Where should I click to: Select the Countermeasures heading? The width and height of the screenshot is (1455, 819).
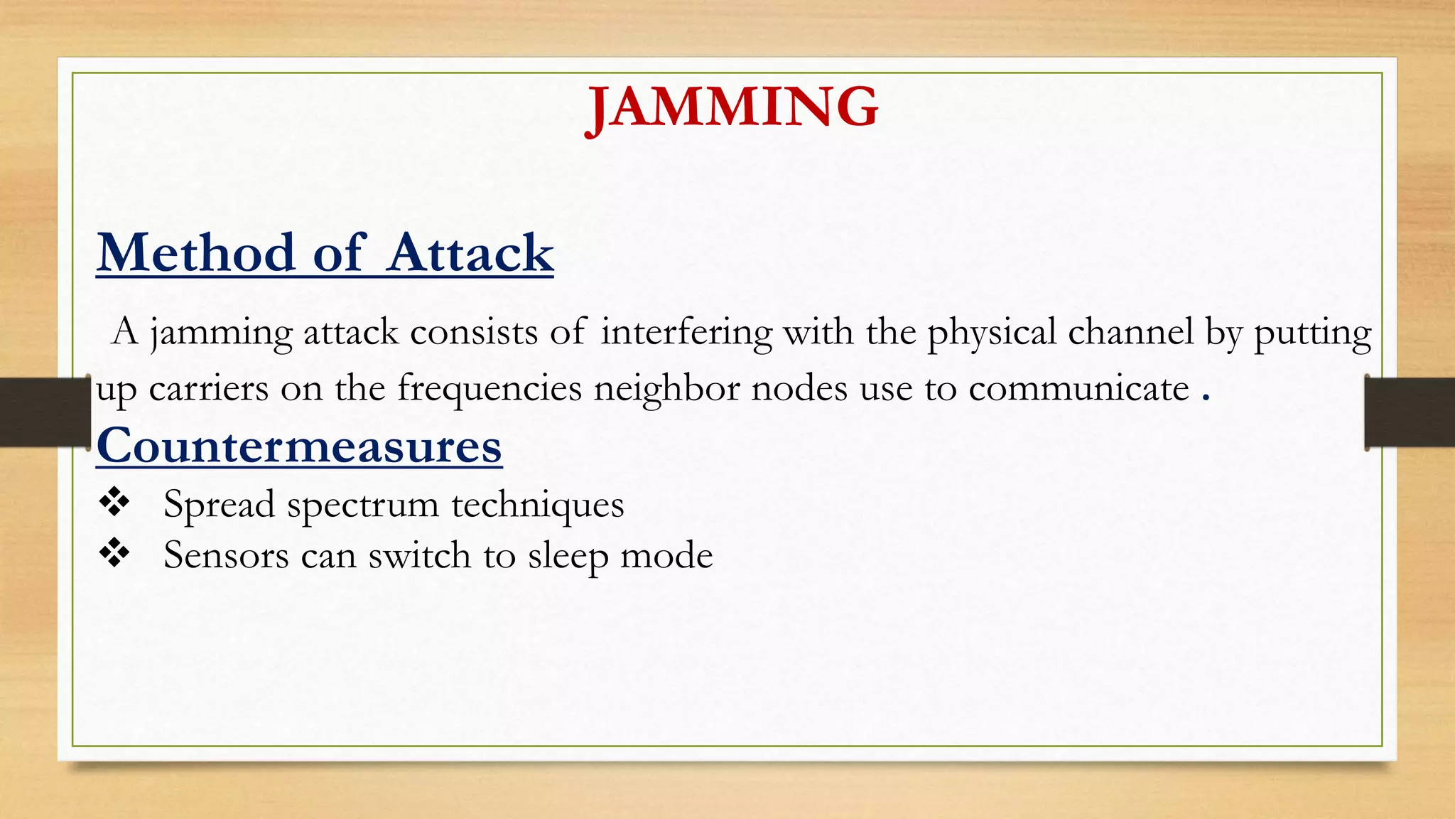pos(299,446)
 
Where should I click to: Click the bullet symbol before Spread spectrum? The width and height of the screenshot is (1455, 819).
pos(114,503)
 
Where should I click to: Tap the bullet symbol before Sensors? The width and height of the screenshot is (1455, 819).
pos(114,553)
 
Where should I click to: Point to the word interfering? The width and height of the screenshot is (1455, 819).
pos(686,332)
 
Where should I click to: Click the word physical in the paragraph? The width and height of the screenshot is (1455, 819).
pos(992,332)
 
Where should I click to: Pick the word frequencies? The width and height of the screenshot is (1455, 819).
pos(489,389)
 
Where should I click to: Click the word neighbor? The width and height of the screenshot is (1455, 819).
pos(667,389)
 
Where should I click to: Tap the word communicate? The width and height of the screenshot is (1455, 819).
pos(1078,389)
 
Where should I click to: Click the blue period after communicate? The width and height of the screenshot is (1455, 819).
pos(1206,395)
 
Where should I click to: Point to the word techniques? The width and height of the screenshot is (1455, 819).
pos(538,505)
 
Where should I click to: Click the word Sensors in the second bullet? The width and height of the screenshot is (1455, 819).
pos(226,555)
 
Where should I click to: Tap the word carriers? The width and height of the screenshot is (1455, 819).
pos(209,389)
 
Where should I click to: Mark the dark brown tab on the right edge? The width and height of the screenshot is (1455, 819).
pos(1410,412)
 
